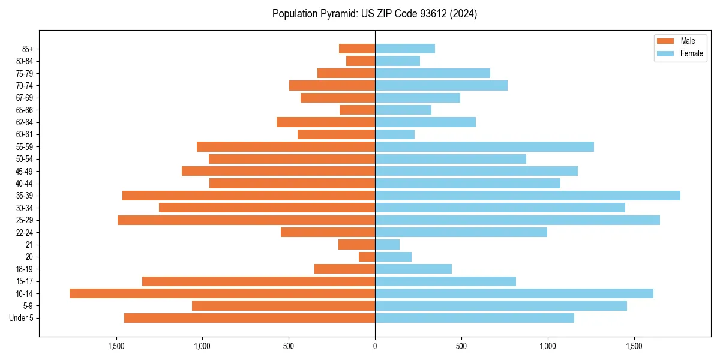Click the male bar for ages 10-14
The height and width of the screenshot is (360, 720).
[222, 293]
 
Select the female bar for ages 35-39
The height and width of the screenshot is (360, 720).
[527, 196]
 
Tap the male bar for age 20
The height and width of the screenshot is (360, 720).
[367, 257]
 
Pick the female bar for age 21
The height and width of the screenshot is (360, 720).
[387, 244]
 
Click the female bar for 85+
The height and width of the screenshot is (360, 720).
[405, 49]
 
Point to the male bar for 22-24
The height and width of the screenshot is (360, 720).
[328, 232]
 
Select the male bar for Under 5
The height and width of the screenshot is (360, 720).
[250, 318]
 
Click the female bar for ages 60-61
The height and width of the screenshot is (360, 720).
[395, 134]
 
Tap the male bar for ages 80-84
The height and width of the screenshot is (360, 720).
[361, 61]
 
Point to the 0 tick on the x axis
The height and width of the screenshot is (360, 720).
[375, 346]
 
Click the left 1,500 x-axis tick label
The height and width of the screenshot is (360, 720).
[116, 346]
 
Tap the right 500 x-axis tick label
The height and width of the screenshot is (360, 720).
[461, 346]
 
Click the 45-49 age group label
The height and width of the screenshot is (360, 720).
[25, 171]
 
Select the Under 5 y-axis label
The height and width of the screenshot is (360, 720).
[22, 318]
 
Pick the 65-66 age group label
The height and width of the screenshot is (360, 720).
[25, 110]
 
